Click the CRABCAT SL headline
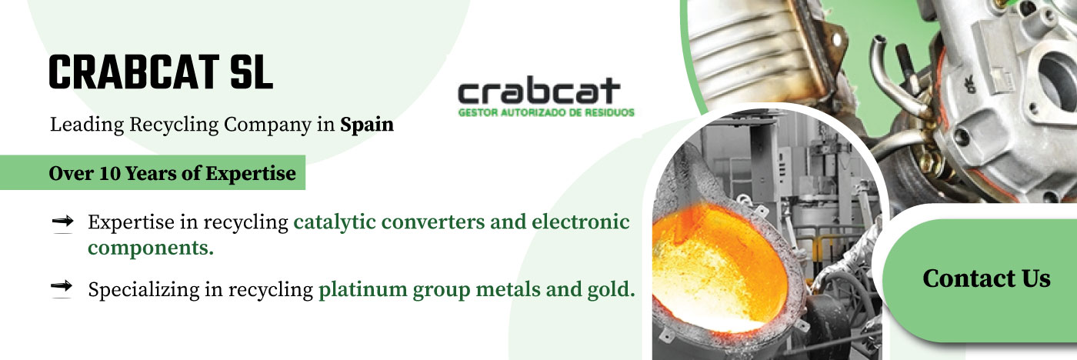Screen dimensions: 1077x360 click(161, 72)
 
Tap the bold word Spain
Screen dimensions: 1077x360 click(367, 125)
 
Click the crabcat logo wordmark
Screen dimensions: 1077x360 click(539, 91)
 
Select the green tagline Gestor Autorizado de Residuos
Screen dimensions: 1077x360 click(546, 113)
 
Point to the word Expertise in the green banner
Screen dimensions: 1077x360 click(251, 174)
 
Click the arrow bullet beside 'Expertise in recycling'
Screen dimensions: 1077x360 click(62, 221)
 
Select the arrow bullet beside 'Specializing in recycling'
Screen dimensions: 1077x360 click(62, 286)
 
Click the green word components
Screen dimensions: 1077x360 click(151, 248)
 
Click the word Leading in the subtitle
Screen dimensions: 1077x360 click(87, 125)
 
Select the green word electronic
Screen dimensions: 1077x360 click(580, 222)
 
